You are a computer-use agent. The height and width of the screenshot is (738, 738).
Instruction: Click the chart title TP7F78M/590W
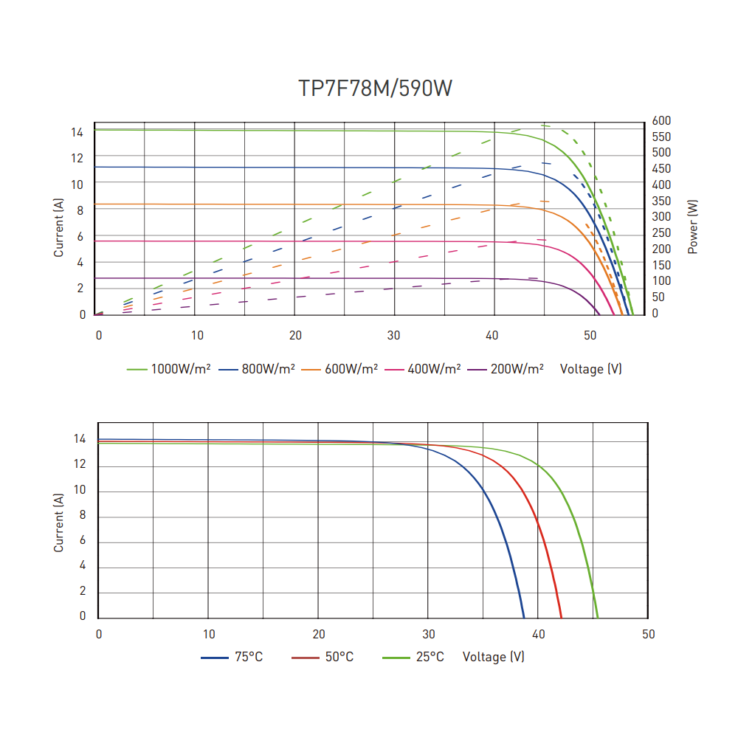375,89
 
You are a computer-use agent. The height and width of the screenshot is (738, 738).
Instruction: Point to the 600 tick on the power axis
661,120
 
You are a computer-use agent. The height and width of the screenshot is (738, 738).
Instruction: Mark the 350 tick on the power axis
661,201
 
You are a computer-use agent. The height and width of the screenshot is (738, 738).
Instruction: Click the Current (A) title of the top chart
59,230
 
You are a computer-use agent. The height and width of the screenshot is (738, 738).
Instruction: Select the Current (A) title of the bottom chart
59,523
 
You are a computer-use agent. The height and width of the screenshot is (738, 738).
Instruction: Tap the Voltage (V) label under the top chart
590,368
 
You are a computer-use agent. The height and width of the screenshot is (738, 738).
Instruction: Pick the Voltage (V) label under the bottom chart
493,657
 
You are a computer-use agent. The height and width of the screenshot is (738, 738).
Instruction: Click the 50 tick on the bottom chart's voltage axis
648,634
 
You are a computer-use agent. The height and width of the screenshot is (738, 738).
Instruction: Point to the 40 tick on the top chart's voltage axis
492,335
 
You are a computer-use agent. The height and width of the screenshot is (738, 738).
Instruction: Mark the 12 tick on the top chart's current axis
77,158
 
